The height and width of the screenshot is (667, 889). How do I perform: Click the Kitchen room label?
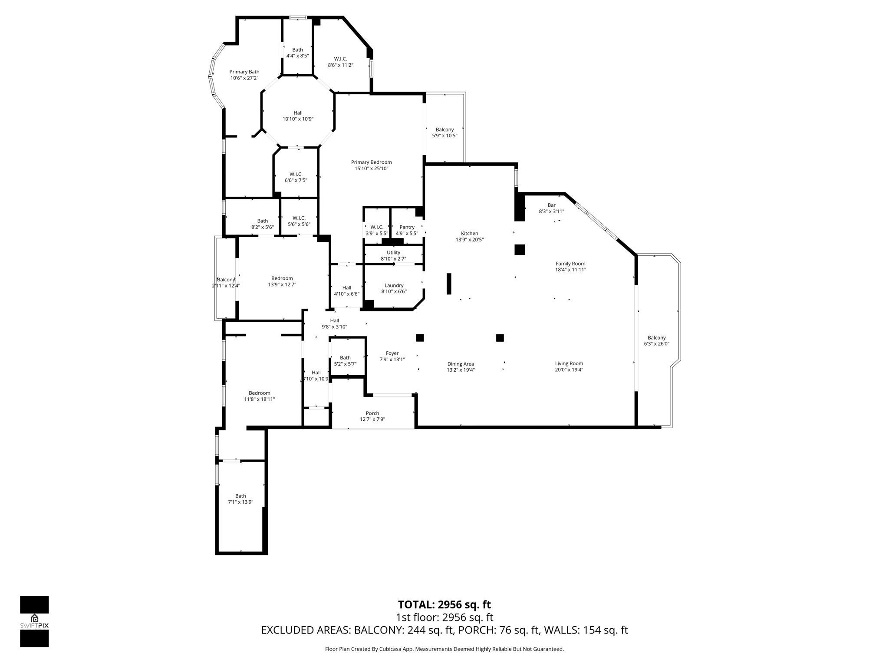pyautogui.click(x=469, y=234)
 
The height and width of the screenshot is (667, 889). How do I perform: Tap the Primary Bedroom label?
pyautogui.click(x=371, y=162)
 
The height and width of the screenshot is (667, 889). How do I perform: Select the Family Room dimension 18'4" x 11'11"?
pyautogui.click(x=570, y=270)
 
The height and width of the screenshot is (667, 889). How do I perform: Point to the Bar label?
pyautogui.click(x=551, y=205)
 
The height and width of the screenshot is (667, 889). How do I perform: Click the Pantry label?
pyautogui.click(x=407, y=227)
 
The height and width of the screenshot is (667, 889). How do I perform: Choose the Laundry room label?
pyautogui.click(x=394, y=285)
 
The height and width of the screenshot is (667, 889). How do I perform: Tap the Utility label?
pyautogui.click(x=393, y=252)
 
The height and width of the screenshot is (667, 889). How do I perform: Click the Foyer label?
pyautogui.click(x=392, y=353)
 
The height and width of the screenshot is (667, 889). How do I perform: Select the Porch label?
pyautogui.click(x=372, y=413)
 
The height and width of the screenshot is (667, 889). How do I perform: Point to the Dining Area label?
pyautogui.click(x=461, y=364)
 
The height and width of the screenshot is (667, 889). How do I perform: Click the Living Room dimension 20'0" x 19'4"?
pyautogui.click(x=569, y=370)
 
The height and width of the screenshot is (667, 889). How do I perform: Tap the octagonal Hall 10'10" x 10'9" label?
pyautogui.click(x=298, y=113)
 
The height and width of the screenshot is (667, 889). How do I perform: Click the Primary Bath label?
pyautogui.click(x=244, y=72)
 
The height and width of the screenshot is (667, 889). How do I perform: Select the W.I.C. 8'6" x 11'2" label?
pyautogui.click(x=340, y=59)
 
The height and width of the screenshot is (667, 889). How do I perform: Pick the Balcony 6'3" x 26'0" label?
pyautogui.click(x=656, y=338)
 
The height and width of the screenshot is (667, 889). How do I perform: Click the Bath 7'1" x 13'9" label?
pyautogui.click(x=240, y=496)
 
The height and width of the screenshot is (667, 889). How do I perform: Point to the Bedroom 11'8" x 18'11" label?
pyautogui.click(x=259, y=393)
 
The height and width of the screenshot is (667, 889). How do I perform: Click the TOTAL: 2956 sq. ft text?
pyautogui.click(x=444, y=604)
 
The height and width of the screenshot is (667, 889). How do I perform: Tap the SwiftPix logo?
pyautogui.click(x=34, y=621)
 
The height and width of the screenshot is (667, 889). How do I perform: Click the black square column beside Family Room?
pyautogui.click(x=520, y=250)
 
